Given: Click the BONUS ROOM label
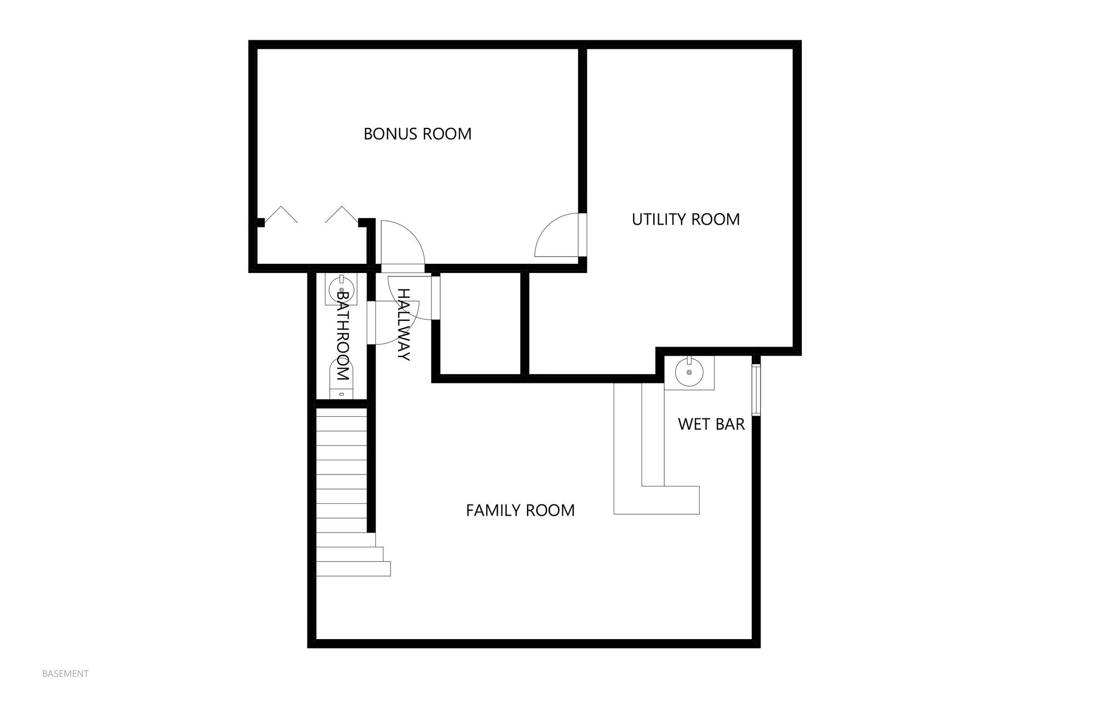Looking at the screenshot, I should (417, 134).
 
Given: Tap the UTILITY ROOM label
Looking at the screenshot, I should (685, 219).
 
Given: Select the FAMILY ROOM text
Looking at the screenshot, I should (520, 510).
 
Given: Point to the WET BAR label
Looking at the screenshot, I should (711, 424).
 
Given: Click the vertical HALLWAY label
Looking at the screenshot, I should (403, 324).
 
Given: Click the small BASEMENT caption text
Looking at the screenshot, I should (65, 673).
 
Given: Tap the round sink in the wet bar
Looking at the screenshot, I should (689, 372).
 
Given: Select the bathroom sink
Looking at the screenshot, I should (341, 289).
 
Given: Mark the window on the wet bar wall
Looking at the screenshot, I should (756, 389).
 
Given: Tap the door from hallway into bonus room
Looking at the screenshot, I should (401, 243).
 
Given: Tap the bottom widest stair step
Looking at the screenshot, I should (353, 569).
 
